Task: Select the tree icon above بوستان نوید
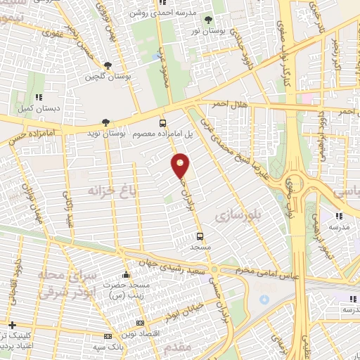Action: (x=105, y=122)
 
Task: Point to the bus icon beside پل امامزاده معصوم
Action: (x=163, y=122)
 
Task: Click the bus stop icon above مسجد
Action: (x=200, y=236)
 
